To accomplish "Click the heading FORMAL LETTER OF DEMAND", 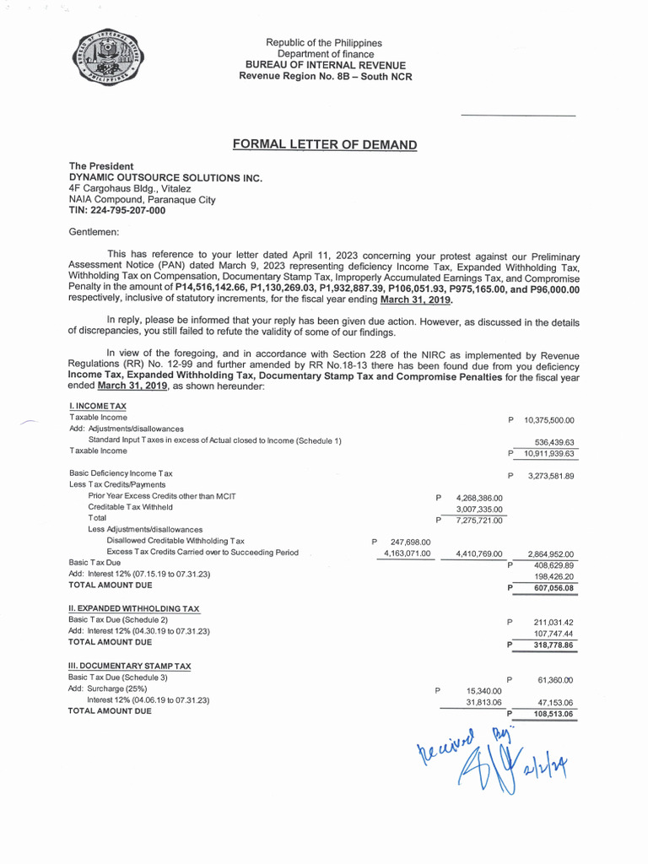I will click(325, 145).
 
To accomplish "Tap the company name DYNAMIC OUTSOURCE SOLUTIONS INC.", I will click(165, 178).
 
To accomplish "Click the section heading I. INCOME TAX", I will click(98, 407).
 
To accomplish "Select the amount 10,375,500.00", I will click(548, 419).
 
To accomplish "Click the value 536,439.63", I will click(554, 441).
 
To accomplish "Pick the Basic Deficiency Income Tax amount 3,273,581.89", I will click(551, 476).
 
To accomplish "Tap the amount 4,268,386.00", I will click(478, 498).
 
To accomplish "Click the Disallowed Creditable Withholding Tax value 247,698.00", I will click(411, 542).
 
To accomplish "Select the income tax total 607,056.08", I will click(553, 587).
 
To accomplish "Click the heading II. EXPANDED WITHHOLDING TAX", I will click(133, 608).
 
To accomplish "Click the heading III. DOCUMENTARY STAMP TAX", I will click(129, 666).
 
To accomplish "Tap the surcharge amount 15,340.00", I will click(483, 690).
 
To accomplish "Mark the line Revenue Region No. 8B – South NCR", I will click(325, 76).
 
